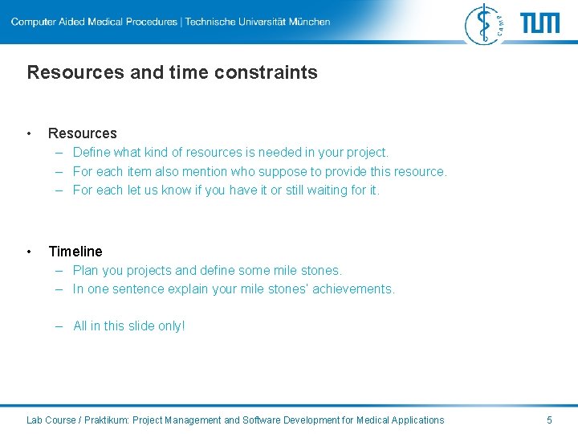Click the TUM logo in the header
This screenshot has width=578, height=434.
(540, 23)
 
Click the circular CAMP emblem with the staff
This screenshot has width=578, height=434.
(484, 23)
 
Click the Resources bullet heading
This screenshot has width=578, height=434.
(82, 133)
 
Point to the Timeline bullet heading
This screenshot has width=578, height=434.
(75, 252)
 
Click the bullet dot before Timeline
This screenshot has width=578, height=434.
(30, 252)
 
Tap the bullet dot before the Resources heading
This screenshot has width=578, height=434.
(30, 133)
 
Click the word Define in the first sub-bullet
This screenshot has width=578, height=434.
(92, 152)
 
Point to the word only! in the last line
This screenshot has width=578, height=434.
(170, 326)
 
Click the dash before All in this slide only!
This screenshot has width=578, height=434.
(60, 326)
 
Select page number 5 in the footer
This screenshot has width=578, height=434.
(549, 420)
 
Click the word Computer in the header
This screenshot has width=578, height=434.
(35, 22)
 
